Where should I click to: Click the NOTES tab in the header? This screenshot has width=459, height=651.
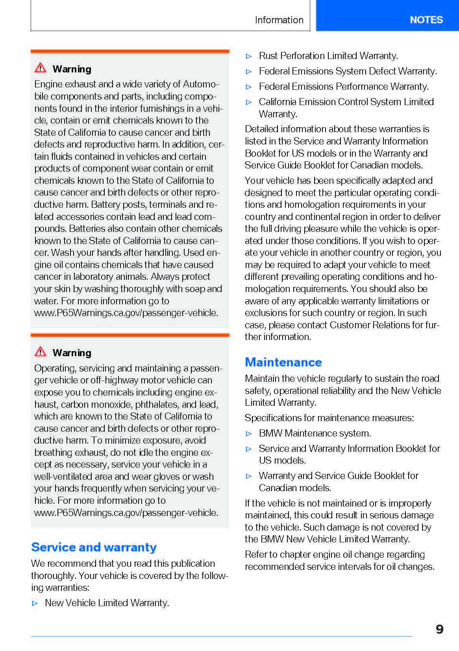click(426, 20)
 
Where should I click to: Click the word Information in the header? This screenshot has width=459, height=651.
click(279, 20)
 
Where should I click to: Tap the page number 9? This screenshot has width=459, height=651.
click(439, 629)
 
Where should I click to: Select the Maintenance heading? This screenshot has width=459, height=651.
click(283, 362)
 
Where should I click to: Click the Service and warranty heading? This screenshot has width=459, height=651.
click(94, 547)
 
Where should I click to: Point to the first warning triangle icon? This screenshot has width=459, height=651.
click(41, 68)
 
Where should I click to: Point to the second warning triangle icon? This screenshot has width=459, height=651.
click(41, 351)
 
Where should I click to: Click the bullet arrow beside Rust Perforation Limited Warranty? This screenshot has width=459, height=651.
click(248, 56)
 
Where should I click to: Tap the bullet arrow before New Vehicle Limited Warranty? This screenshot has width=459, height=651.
click(35, 603)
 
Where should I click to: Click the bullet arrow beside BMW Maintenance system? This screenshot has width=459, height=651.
click(248, 434)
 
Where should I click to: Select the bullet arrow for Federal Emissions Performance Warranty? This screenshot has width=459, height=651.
click(248, 87)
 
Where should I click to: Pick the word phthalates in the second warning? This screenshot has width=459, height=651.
click(157, 405)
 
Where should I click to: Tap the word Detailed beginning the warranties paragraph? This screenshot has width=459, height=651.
click(261, 129)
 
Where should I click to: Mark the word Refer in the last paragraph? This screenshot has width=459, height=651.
click(255, 555)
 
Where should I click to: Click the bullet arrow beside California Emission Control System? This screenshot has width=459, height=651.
click(248, 102)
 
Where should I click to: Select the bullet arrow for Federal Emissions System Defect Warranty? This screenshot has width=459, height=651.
click(248, 72)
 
